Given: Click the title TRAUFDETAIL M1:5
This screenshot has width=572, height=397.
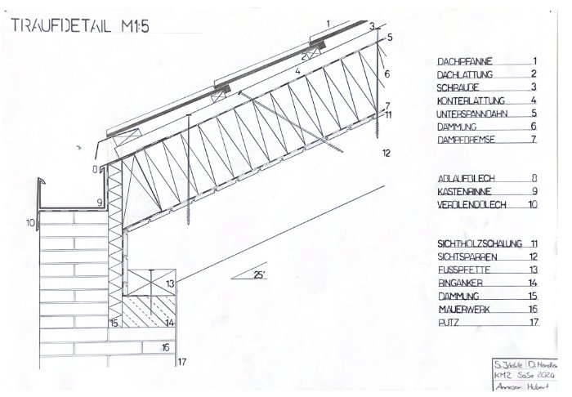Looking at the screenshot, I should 80,27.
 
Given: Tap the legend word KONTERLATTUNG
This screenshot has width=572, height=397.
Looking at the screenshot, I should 471,100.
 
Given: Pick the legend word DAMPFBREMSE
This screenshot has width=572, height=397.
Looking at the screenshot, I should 466,140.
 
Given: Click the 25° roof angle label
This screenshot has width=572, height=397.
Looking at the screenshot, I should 259,274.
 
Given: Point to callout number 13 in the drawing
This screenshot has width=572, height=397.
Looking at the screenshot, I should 169,283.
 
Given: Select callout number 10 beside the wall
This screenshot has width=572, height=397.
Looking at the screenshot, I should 30,221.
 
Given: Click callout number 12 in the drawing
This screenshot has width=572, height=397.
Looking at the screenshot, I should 387,153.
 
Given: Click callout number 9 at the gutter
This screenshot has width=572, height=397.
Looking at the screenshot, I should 99,201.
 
